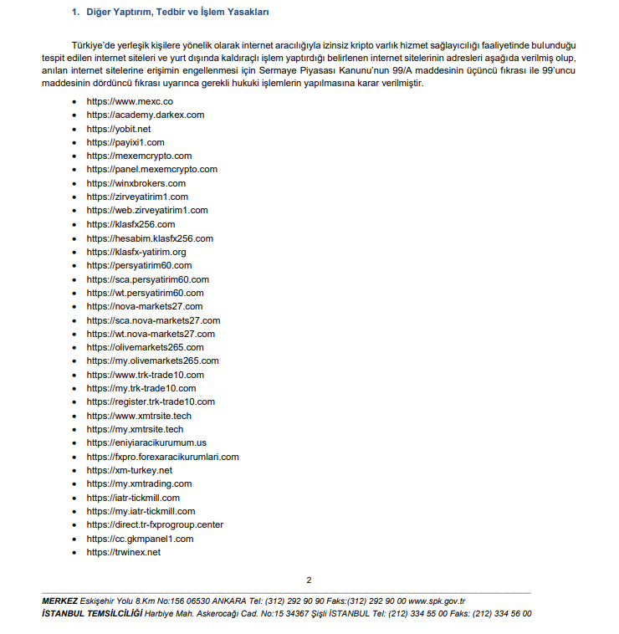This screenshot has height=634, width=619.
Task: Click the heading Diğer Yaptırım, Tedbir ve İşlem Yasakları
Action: click(x=175, y=13)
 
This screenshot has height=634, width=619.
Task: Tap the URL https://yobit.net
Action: click(x=119, y=129)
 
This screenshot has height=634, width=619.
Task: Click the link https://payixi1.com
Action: click(x=125, y=142)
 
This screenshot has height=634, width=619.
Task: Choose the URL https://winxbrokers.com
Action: click(x=136, y=183)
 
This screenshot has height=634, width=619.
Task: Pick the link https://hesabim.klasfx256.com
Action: click(x=150, y=238)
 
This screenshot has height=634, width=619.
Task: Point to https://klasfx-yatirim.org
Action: click(x=136, y=252)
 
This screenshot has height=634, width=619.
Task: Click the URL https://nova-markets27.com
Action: click(x=145, y=306)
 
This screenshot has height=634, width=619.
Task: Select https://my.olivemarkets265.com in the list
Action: click(x=153, y=360)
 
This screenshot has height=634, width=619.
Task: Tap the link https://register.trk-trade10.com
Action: click(x=151, y=401)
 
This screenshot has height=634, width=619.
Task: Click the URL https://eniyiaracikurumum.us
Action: click(x=146, y=442)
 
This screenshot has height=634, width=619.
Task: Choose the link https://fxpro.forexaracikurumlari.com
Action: click(x=163, y=457)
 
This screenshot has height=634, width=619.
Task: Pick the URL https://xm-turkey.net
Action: click(x=130, y=470)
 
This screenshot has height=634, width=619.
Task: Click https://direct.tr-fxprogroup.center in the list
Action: click(x=155, y=524)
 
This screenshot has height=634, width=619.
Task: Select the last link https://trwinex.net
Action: click(x=124, y=552)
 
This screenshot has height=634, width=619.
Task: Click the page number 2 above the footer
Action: click(x=309, y=580)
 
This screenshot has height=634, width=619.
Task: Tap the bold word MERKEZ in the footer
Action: click(x=59, y=601)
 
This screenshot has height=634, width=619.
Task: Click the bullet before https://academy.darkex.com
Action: click(x=75, y=115)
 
